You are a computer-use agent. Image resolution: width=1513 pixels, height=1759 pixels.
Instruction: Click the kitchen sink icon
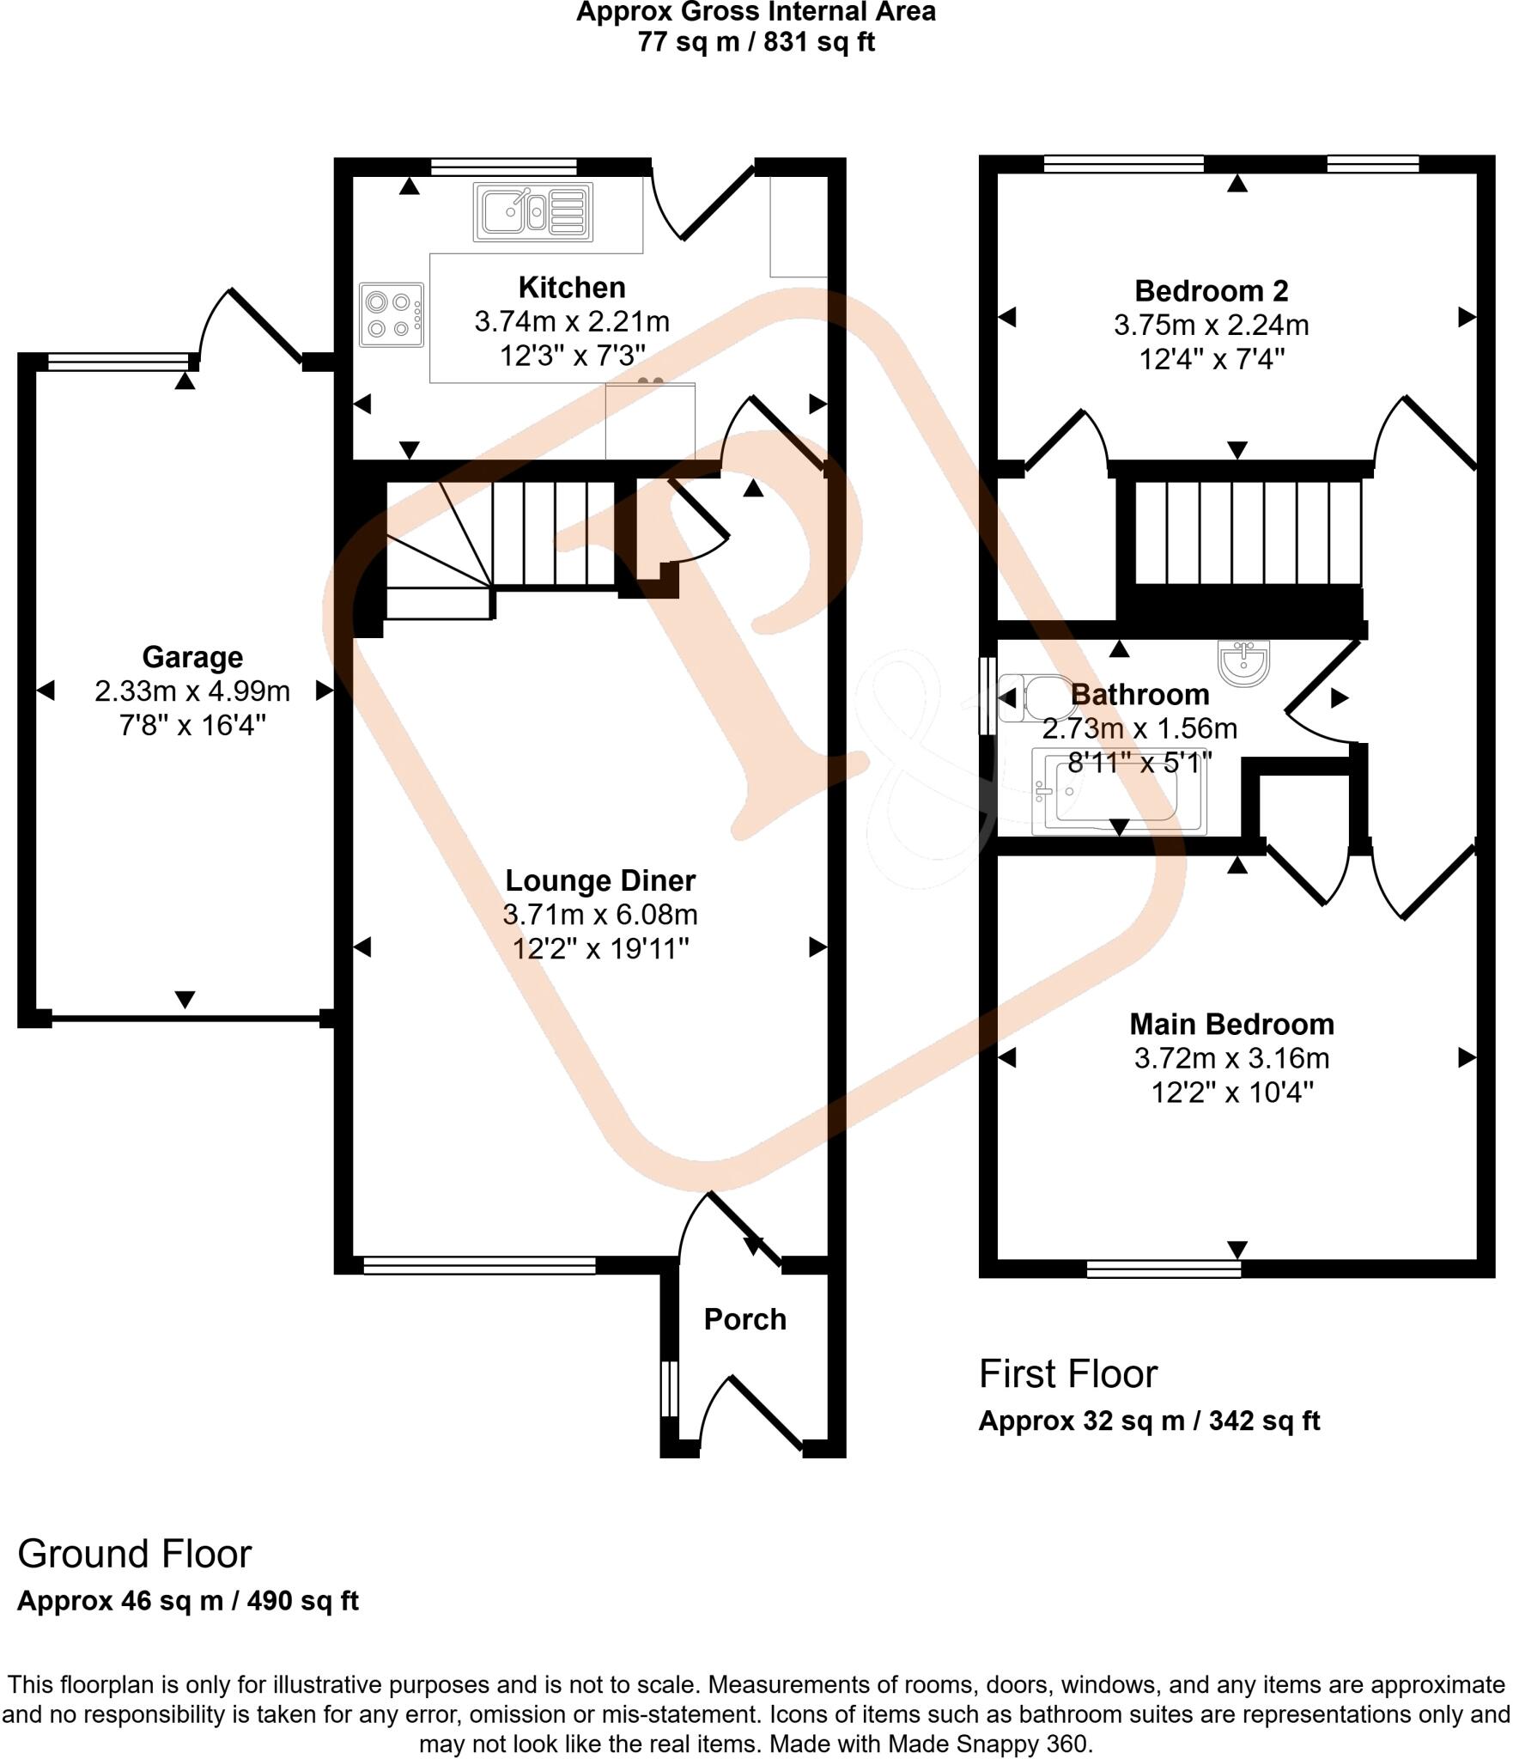[x=532, y=211]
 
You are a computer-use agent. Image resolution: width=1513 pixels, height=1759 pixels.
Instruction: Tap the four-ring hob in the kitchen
[x=392, y=314]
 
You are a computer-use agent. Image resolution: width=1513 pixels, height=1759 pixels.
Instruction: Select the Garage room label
[x=192, y=657]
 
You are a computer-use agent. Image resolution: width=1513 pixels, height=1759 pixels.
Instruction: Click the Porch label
[x=744, y=1319]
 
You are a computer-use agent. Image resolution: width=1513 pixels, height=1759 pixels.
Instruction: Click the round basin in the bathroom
[x=1243, y=664]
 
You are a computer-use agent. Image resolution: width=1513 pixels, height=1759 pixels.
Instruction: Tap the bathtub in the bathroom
[x=1118, y=792]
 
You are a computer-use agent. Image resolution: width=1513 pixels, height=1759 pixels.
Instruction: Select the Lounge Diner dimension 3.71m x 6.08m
[x=599, y=915]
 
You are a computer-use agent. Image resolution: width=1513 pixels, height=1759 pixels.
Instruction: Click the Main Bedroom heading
[x=1230, y=1024]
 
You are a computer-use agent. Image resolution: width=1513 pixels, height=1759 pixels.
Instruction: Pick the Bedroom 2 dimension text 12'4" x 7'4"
[x=1211, y=359]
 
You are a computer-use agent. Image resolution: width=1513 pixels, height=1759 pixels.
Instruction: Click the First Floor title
[x=1067, y=1374]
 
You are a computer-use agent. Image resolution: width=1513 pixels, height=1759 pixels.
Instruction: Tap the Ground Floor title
[x=134, y=1555]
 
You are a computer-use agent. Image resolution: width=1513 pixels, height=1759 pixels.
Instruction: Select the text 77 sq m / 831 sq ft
[x=756, y=42]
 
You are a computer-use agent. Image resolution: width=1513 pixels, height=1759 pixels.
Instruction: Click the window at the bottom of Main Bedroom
[x=1164, y=1269]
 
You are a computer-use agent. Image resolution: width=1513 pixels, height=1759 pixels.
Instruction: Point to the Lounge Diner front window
[x=478, y=1264]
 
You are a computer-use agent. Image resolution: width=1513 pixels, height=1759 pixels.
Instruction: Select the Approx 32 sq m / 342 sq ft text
[x=1148, y=1421]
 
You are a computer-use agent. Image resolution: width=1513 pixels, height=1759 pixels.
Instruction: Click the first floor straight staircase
[x=1248, y=533]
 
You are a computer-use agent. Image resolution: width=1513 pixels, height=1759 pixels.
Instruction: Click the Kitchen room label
[x=571, y=287]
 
